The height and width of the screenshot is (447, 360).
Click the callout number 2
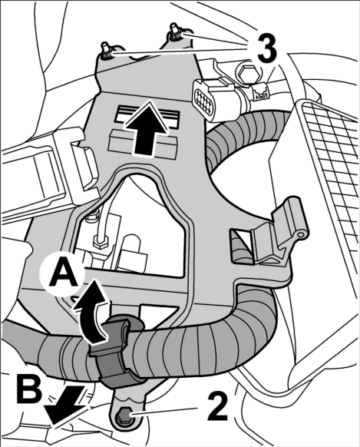(217, 406)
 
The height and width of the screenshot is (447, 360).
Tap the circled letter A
(63, 273)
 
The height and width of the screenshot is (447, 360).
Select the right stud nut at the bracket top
(174, 33)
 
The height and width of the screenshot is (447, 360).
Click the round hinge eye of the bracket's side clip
(300, 234)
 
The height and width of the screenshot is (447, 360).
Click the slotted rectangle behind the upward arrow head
(147, 117)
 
